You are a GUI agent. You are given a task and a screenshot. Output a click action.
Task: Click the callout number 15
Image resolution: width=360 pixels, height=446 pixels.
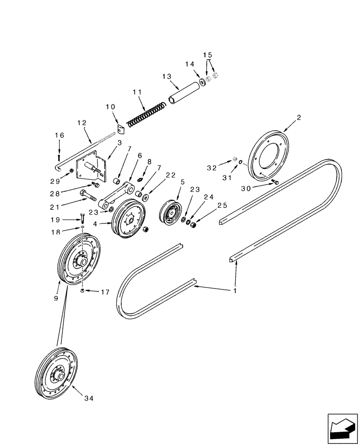coord(208,55)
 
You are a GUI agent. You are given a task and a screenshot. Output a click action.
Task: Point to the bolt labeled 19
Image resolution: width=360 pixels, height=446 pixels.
coord(82,218)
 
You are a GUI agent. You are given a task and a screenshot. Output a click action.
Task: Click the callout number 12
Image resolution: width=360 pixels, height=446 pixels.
coord(82,122)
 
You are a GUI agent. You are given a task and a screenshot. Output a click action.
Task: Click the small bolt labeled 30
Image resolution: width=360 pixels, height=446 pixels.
coord(275,182)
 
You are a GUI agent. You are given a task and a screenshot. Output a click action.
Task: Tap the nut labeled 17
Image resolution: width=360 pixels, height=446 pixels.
coord(82,291)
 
